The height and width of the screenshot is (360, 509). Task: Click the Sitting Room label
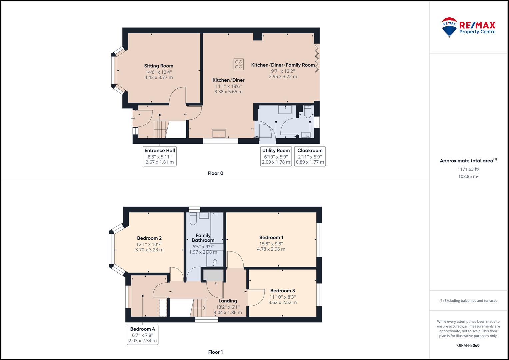[159, 66]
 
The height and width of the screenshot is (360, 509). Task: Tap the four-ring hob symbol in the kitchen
[239, 64]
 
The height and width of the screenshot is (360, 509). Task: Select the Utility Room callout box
[276, 156]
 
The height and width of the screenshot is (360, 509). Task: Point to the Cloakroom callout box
[310, 156]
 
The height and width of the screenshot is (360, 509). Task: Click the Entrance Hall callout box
[160, 156]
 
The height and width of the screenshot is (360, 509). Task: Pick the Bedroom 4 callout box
[142, 335]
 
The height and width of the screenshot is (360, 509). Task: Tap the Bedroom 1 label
[271, 237]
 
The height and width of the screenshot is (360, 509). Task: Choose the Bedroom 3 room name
[282, 291]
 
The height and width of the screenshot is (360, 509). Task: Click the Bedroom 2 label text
[149, 238]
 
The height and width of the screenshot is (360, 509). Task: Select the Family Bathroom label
[203, 238]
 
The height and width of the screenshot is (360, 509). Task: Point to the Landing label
[228, 301]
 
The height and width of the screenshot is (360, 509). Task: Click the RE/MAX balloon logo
[449, 27]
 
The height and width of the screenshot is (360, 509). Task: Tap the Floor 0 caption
[215, 173]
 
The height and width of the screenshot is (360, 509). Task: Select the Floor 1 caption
[215, 352]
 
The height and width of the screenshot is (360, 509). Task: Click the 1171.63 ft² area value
[468, 169]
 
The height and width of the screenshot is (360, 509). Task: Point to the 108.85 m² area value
[468, 176]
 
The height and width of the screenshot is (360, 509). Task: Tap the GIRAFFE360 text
[468, 345]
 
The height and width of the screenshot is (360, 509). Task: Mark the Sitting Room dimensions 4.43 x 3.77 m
[159, 77]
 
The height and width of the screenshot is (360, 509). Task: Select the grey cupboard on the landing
[213, 275]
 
